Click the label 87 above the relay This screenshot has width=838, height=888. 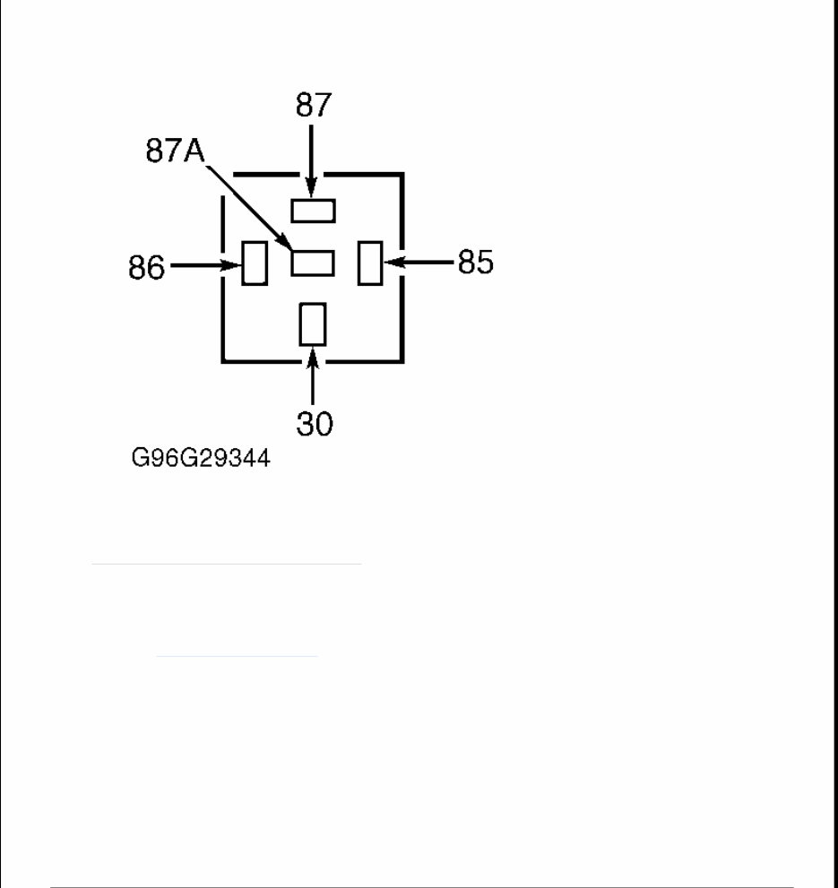[313, 106]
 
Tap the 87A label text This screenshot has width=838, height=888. [175, 151]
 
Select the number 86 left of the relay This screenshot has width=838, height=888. [146, 267]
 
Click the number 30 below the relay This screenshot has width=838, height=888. [314, 423]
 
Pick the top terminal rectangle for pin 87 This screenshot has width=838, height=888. [313, 211]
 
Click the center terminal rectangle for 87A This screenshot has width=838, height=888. [313, 263]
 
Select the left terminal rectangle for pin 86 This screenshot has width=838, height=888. [255, 263]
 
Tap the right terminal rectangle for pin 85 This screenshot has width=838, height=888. [370, 263]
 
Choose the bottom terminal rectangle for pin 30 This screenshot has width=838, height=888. [313, 324]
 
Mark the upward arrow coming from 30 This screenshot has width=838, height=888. [313, 377]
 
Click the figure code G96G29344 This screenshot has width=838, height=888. [200, 460]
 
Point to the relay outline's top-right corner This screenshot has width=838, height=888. [401, 175]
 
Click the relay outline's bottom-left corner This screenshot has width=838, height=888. [223, 361]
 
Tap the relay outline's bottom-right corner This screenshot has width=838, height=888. [401, 361]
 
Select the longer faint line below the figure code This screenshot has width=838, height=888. [226, 565]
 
